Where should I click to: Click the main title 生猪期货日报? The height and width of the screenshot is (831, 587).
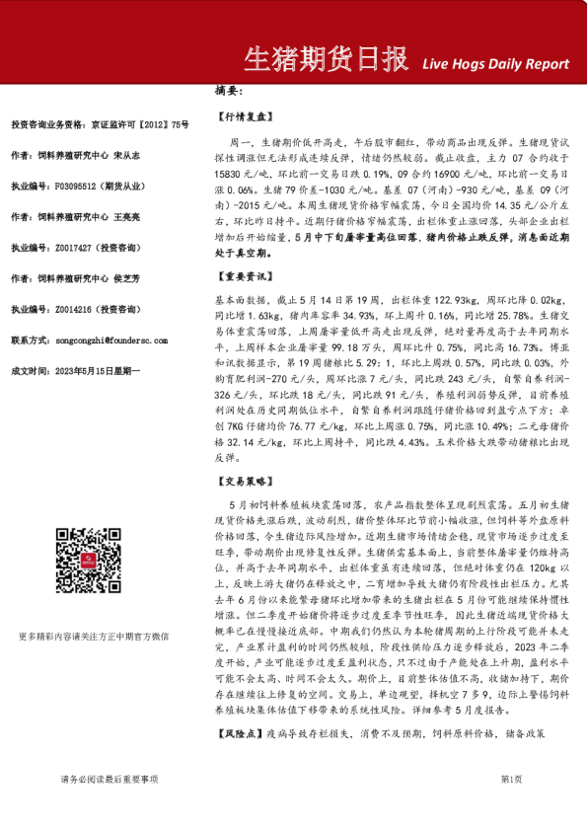(325, 60)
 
